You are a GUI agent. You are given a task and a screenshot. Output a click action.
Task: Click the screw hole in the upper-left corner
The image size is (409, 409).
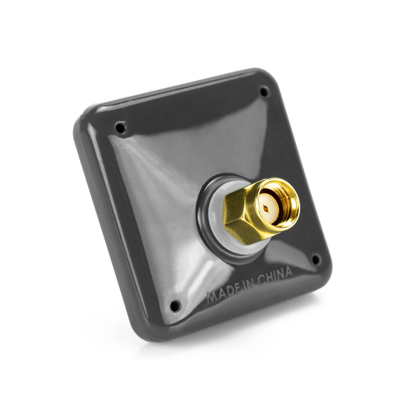click(x=120, y=128)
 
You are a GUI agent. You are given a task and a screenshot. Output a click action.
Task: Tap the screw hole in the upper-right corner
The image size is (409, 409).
click(x=265, y=92)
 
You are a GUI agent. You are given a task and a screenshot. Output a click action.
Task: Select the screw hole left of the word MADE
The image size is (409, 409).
click(x=175, y=305)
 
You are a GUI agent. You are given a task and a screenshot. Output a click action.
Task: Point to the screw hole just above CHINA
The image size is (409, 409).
click(x=316, y=259)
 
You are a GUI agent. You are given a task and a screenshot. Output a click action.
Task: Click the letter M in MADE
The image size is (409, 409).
click(x=211, y=296)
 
